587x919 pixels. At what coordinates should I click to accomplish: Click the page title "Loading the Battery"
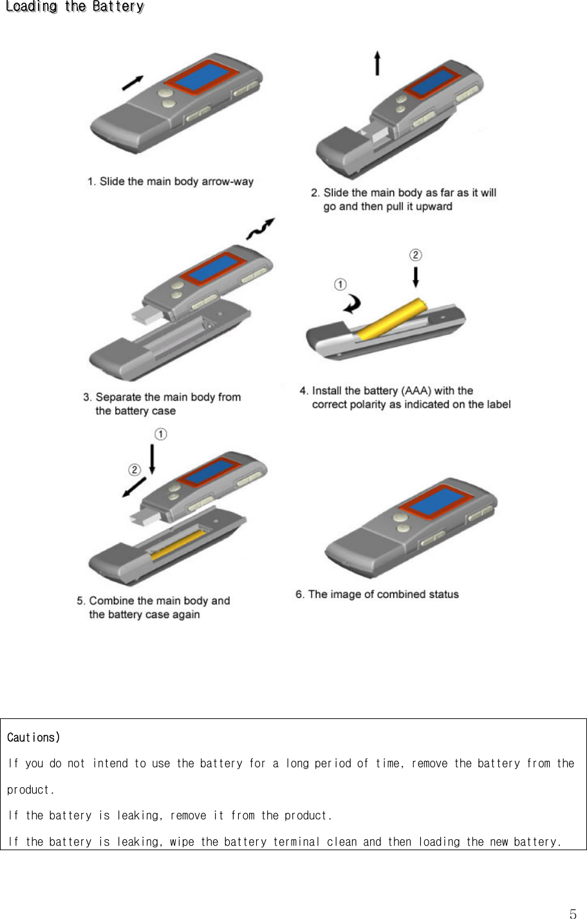click(x=74, y=7)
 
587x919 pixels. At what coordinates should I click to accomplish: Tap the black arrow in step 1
click(x=133, y=82)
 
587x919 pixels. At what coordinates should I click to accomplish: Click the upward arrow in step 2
click(x=377, y=64)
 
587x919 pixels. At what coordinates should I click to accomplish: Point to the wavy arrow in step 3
click(x=261, y=228)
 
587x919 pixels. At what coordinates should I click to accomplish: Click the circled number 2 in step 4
click(x=416, y=255)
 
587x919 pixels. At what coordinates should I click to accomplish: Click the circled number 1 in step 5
click(x=160, y=435)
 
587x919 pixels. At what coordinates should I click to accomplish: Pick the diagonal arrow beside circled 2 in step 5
click(x=133, y=487)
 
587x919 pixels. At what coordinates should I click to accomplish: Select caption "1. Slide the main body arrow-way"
click(x=171, y=181)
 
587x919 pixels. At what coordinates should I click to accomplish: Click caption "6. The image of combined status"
click(x=377, y=594)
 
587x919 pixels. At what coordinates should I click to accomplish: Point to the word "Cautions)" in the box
click(x=33, y=737)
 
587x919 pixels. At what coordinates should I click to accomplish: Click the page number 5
click(x=573, y=914)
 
